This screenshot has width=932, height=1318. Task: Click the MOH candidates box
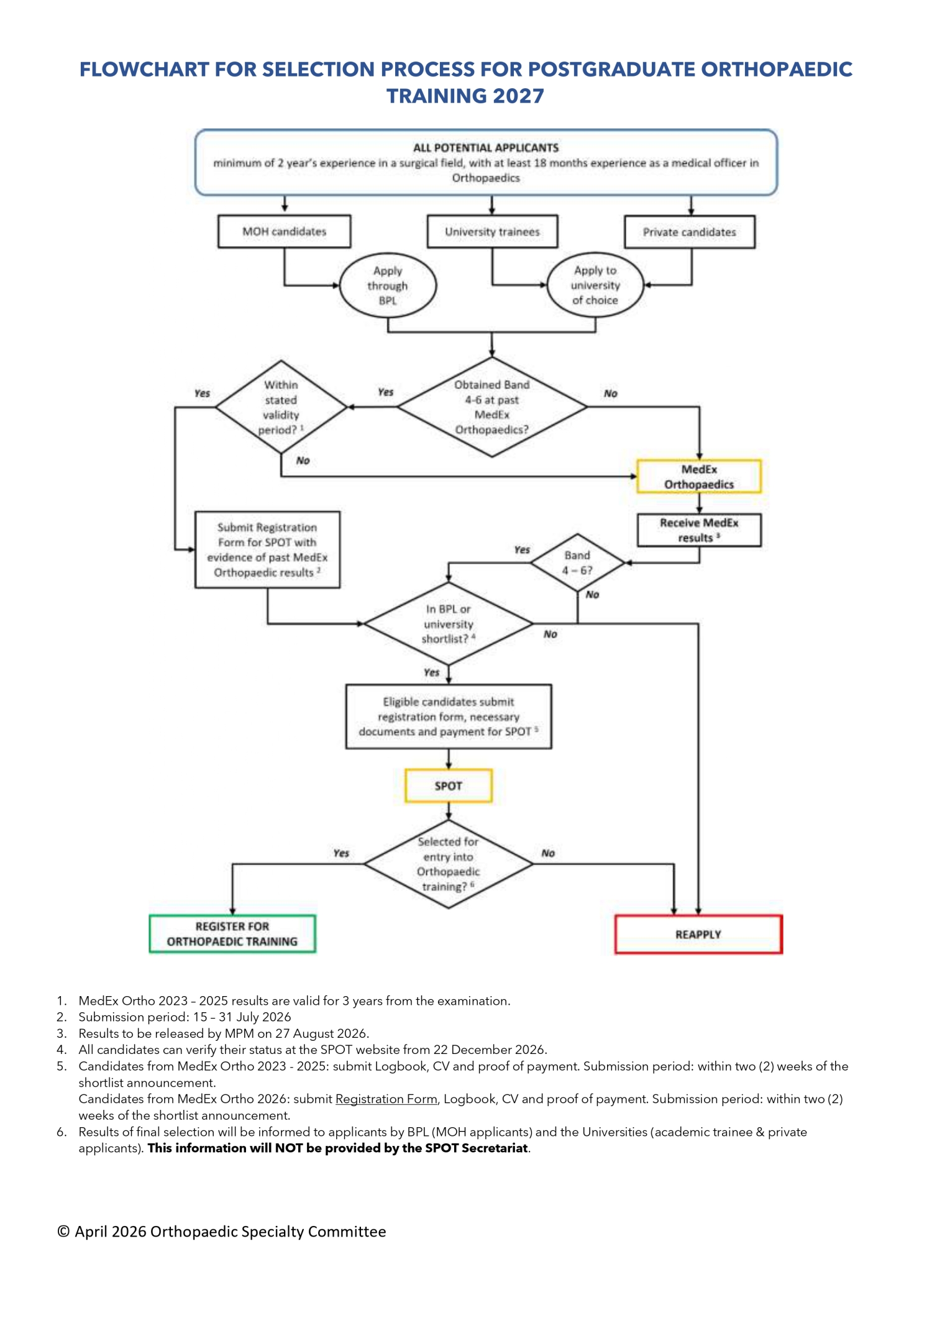pyautogui.click(x=284, y=231)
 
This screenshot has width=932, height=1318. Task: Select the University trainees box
pyautogui.click(x=492, y=231)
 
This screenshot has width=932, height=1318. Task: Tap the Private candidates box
pyautogui.click(x=689, y=232)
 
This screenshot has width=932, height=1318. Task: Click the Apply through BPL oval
pyautogui.click(x=388, y=285)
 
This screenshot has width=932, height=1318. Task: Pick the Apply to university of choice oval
pyautogui.click(x=595, y=285)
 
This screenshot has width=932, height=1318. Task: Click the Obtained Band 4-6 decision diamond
pyautogui.click(x=491, y=407)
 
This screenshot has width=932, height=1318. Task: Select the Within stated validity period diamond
pyautogui.click(x=281, y=407)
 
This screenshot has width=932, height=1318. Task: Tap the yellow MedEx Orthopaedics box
pyautogui.click(x=698, y=477)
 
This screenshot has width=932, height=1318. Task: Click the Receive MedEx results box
pyautogui.click(x=698, y=530)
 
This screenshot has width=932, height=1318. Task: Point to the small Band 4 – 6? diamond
pyautogui.click(x=577, y=562)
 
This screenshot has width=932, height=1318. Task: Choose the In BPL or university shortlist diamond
pyautogui.click(x=448, y=623)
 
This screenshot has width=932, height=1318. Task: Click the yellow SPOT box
pyautogui.click(x=448, y=785)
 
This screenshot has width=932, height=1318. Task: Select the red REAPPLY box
pyautogui.click(x=698, y=934)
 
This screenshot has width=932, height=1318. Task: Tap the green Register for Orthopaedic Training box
pyautogui.click(x=232, y=933)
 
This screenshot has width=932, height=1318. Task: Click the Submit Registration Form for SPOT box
pyautogui.click(x=267, y=549)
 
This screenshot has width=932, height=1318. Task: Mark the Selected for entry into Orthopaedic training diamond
pyautogui.click(x=448, y=864)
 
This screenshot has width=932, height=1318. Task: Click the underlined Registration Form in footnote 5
pyautogui.click(x=386, y=1099)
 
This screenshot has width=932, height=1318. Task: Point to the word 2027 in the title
pyautogui.click(x=518, y=96)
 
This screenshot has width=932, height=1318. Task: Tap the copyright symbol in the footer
pyautogui.click(x=63, y=1232)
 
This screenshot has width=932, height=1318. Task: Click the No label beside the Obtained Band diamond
pyautogui.click(x=610, y=393)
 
